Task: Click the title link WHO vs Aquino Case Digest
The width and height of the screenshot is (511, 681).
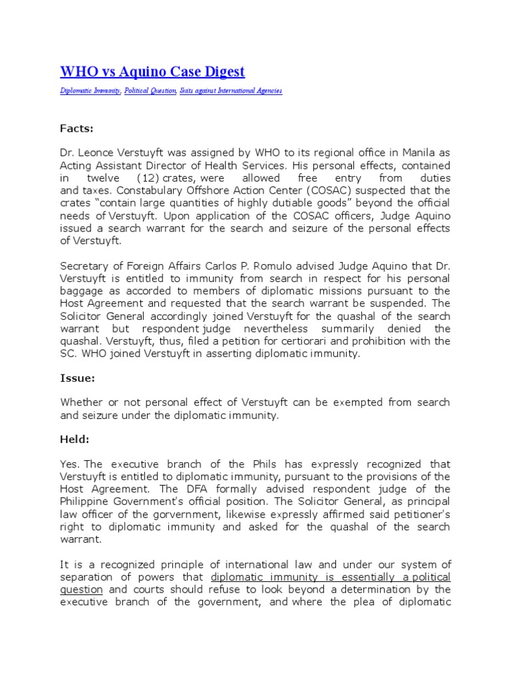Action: pos(152,71)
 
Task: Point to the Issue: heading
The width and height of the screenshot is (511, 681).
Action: pos(77,378)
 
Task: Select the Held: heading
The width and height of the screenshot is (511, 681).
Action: pos(76,440)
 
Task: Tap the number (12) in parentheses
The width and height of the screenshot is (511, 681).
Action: pos(147,178)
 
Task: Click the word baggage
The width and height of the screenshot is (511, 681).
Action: pos(82,291)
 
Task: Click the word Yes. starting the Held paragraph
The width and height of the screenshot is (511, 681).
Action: pos(71,464)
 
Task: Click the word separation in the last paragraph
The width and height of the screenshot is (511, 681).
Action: pos(86,577)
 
